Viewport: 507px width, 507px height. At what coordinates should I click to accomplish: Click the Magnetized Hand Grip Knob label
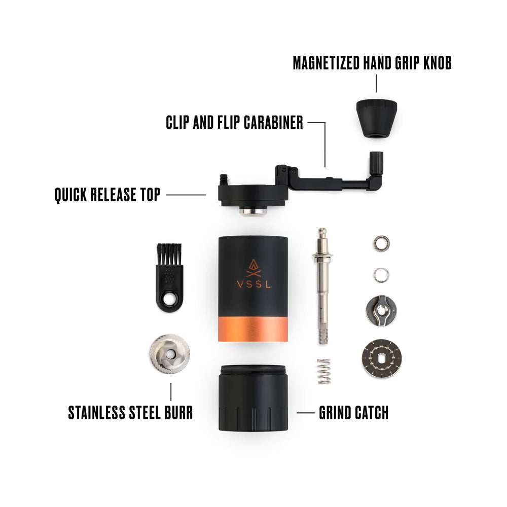pyautogui.click(x=372, y=63)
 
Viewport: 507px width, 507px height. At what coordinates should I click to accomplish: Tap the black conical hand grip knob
pyautogui.click(x=376, y=115)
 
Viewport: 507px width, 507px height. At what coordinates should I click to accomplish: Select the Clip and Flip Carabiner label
pyautogui.click(x=234, y=122)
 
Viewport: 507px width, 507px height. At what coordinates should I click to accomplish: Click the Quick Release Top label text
pyautogui.click(x=107, y=194)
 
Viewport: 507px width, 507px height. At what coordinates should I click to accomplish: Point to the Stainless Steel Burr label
pyautogui.click(x=130, y=412)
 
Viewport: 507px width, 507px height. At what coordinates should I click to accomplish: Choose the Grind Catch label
pyautogui.click(x=353, y=413)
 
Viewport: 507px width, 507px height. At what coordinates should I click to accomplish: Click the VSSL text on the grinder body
pyautogui.click(x=253, y=284)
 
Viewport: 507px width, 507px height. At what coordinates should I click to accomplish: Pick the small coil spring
pyautogui.click(x=324, y=371)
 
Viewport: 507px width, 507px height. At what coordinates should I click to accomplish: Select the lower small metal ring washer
pyautogui.click(x=381, y=275)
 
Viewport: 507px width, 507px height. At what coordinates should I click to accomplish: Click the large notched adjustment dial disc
pyautogui.click(x=381, y=359)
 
